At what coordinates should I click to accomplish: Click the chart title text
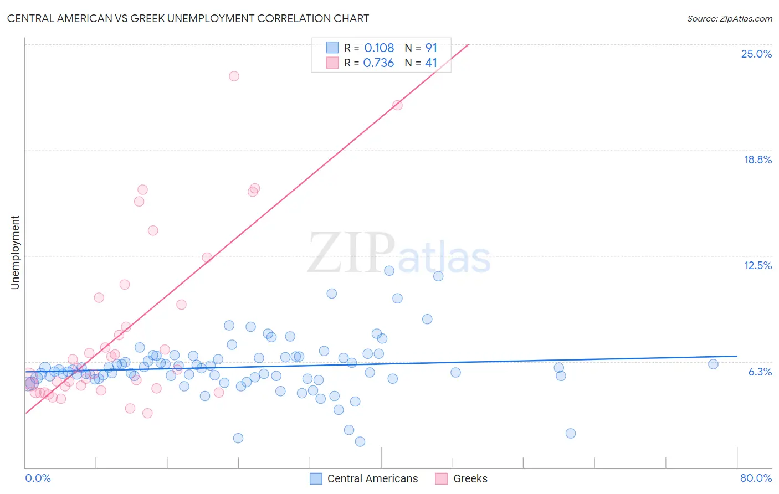188,18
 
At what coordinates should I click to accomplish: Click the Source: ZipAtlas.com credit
729,19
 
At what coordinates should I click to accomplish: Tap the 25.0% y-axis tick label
756,54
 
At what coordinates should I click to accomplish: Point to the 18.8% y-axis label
757,159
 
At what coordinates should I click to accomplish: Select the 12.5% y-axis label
757,265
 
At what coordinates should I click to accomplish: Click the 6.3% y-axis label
760,372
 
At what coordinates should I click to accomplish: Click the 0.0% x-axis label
38,478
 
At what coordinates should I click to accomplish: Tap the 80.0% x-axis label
756,478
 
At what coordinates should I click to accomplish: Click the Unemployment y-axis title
15,253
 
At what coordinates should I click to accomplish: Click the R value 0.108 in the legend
379,48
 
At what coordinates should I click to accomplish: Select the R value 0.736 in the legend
378,63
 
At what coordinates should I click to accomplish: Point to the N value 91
431,48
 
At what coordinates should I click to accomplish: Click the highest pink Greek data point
234,76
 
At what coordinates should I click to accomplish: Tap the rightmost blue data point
713,364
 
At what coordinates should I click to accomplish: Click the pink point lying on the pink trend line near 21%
397,105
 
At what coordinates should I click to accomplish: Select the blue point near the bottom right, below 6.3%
571,433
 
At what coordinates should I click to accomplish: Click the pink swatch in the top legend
332,63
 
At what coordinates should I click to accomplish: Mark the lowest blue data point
360,441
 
